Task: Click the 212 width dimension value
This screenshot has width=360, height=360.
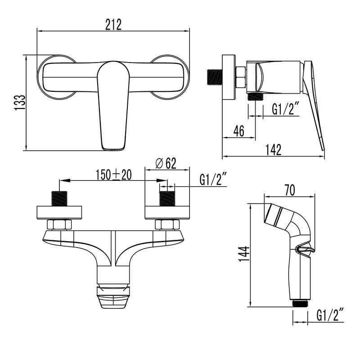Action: [113, 25]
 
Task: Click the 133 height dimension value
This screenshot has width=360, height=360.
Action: [20, 103]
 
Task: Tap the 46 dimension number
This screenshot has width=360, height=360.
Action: [239, 131]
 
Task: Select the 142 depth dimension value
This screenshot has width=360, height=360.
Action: [273, 150]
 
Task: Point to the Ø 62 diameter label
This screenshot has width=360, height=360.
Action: [166, 163]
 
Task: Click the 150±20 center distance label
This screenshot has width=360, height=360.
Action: [114, 175]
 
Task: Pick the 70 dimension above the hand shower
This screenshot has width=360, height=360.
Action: [290, 190]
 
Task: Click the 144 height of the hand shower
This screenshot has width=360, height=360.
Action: [244, 254]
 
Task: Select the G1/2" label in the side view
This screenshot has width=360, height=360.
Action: [285, 109]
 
